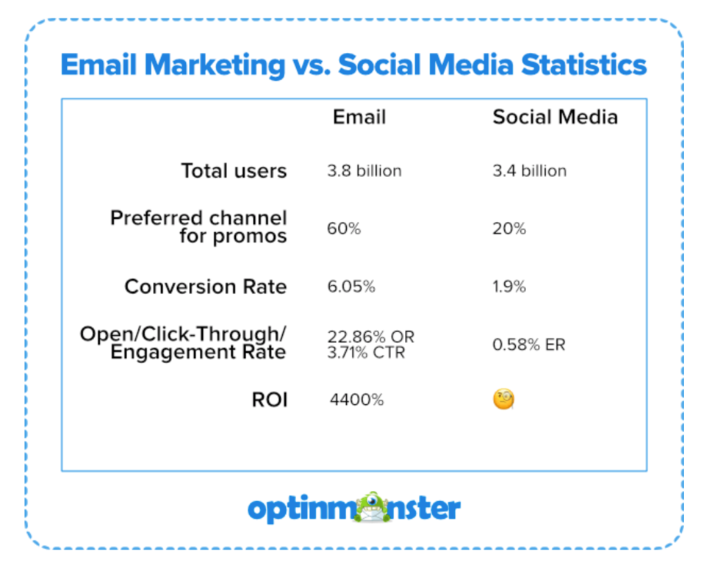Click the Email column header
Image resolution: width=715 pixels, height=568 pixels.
click(359, 118)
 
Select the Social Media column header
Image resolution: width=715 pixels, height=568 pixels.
click(555, 118)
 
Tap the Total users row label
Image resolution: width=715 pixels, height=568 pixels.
click(234, 171)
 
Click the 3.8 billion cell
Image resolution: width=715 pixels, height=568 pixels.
click(364, 171)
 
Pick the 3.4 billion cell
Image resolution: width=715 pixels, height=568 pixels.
click(529, 171)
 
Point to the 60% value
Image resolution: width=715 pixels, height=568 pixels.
click(344, 229)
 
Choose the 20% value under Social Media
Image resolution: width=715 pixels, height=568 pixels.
click(509, 229)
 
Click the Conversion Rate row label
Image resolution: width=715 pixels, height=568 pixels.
click(205, 287)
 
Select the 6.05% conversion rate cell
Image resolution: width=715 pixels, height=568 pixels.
click(351, 287)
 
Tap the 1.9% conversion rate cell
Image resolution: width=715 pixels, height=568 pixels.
click(509, 287)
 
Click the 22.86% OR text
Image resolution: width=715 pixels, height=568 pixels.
click(371, 337)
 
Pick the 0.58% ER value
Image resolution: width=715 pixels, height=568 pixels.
click(529, 344)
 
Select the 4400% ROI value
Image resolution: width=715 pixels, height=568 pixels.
click(356, 400)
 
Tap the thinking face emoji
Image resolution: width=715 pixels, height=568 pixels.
click(503, 400)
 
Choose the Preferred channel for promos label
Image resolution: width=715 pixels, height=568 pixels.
click(198, 227)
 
